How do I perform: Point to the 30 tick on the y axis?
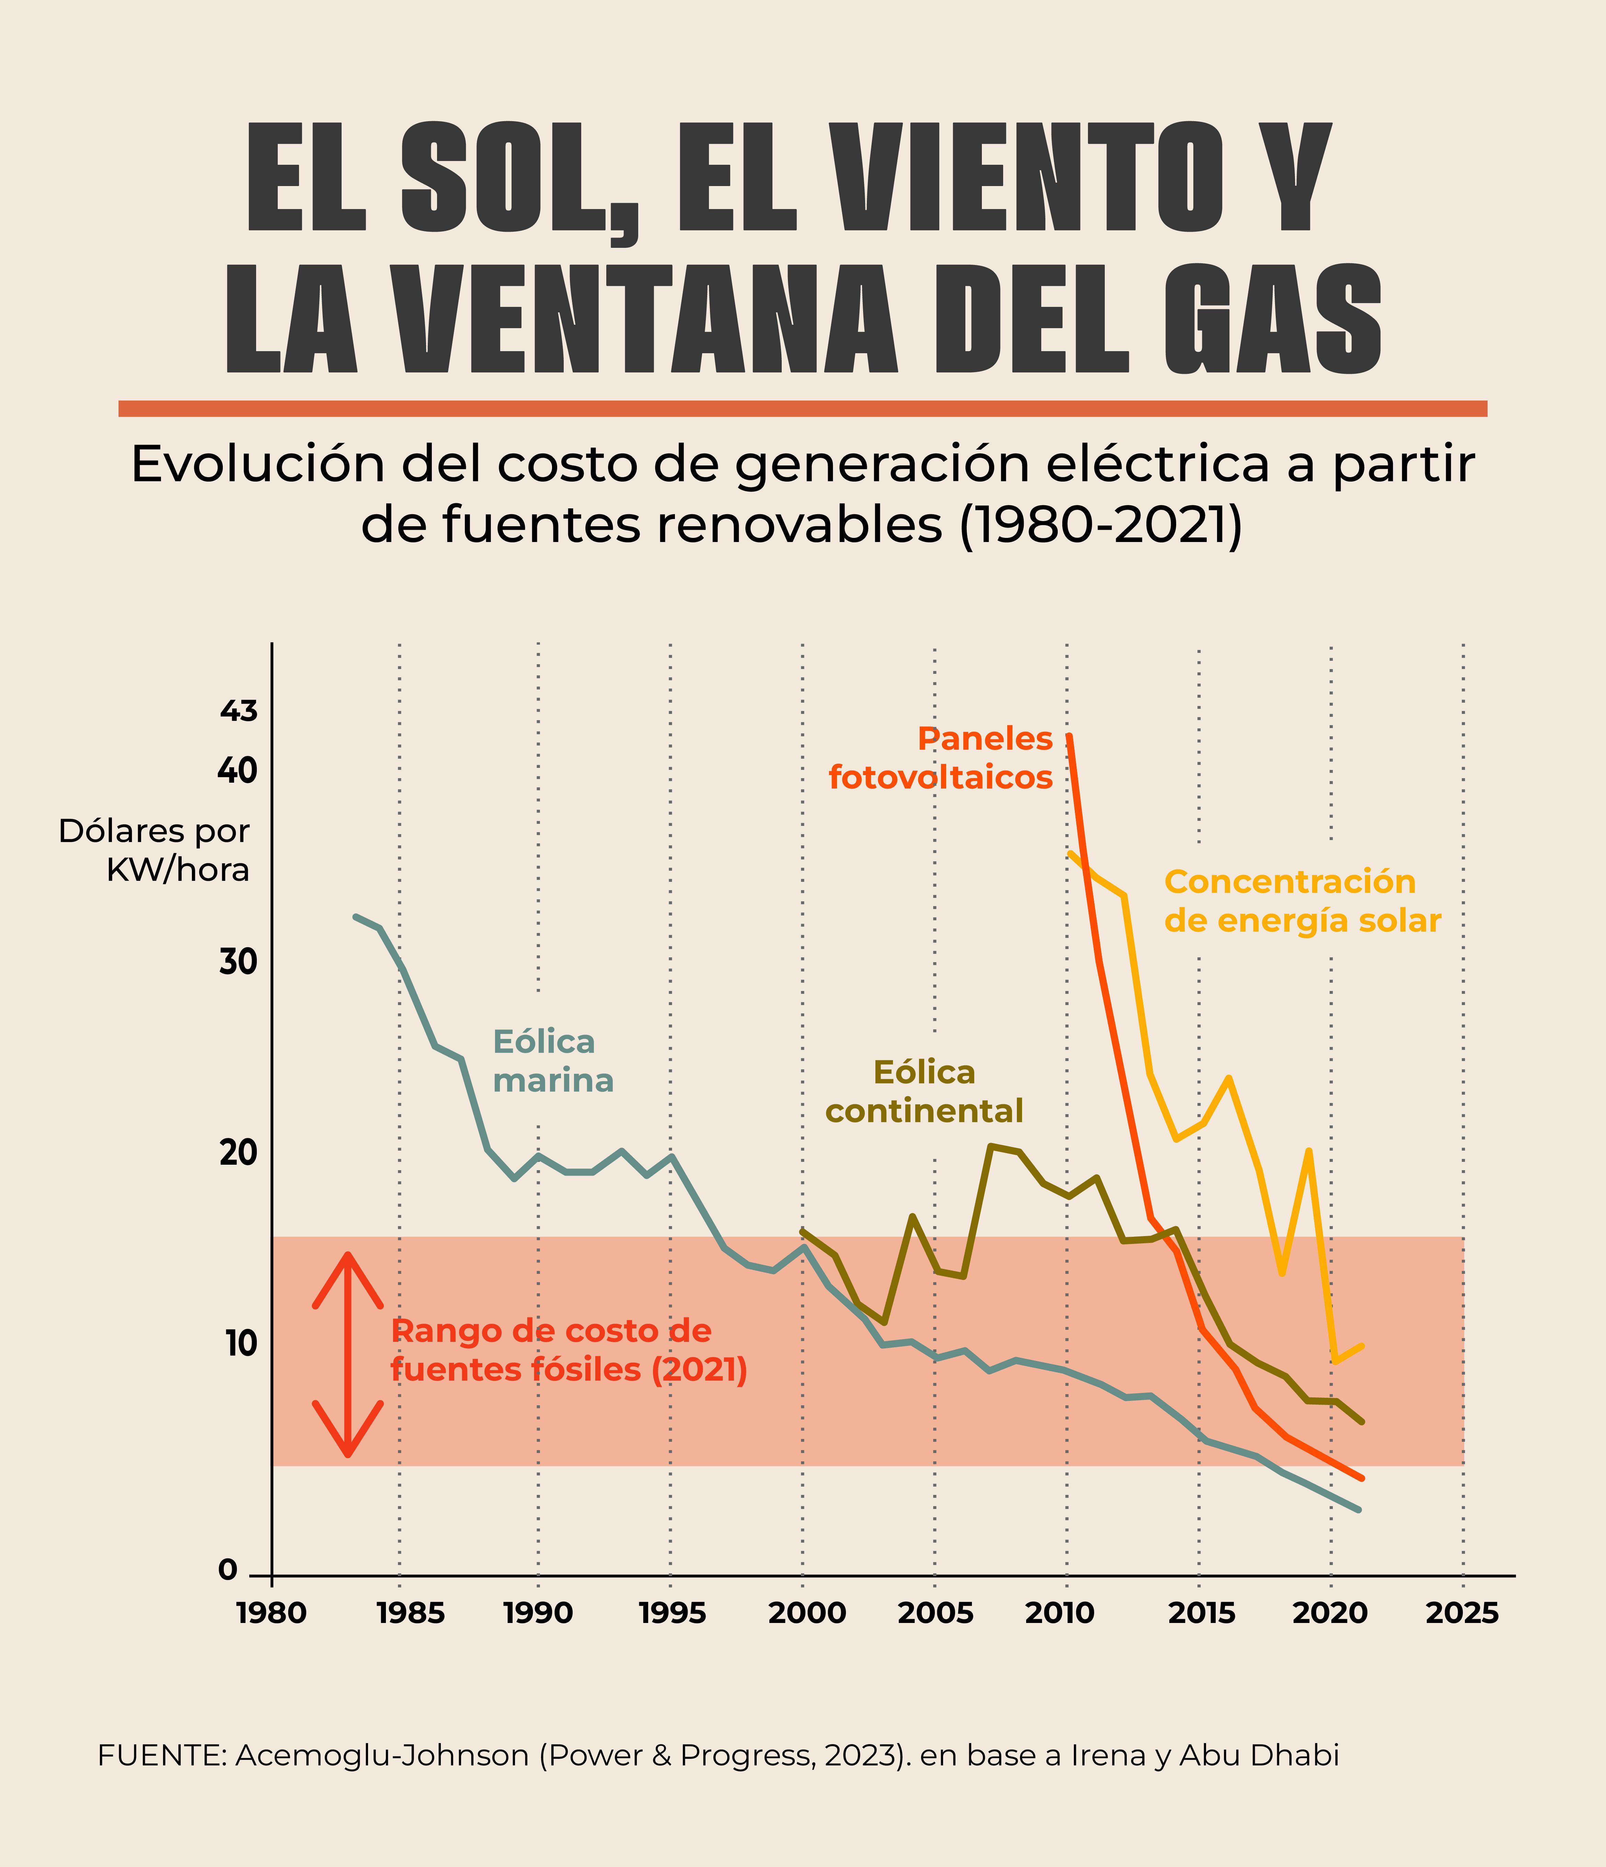(x=238, y=963)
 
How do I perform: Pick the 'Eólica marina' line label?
(x=552, y=1061)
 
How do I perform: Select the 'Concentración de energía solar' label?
(x=1302, y=901)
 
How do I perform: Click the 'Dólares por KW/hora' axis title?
(x=154, y=850)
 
